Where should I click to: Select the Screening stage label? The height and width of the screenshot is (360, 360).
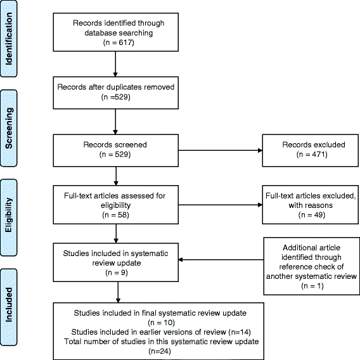[10, 139]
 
